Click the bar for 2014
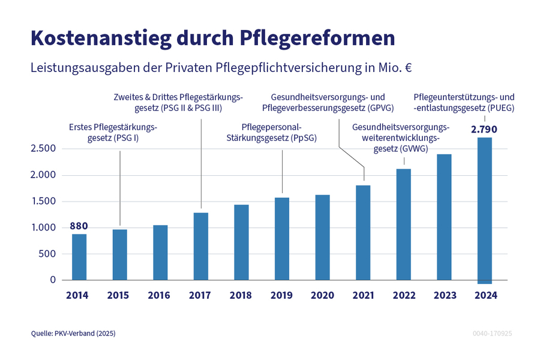[x=79, y=257]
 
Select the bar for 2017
[x=201, y=246]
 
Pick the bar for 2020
[x=322, y=237]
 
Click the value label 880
[x=79, y=226]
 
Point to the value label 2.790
[x=484, y=129]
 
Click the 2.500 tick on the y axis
[x=43, y=149]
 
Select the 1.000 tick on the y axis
[x=43, y=227]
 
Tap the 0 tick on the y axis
[x=53, y=280]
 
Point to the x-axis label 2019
[x=282, y=295]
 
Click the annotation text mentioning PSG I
[x=113, y=133]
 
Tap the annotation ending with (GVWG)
[x=401, y=139]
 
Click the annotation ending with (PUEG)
[x=464, y=103]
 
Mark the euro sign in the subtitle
[x=408, y=68]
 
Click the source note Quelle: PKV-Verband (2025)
[x=73, y=333]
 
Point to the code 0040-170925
[x=492, y=333]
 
